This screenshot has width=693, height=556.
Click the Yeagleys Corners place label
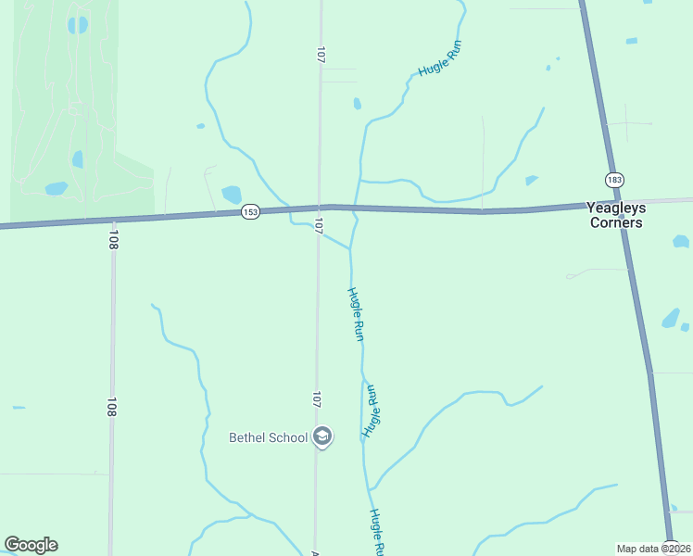(x=615, y=215)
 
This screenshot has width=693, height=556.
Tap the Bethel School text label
(x=268, y=437)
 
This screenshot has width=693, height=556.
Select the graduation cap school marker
(x=322, y=436)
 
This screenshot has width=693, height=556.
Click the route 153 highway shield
(x=250, y=212)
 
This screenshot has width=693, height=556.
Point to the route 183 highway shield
(x=614, y=179)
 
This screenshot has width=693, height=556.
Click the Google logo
(x=31, y=545)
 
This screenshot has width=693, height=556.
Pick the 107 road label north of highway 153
(x=321, y=55)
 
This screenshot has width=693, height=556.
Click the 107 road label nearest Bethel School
(x=317, y=399)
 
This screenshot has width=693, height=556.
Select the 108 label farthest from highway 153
(x=111, y=406)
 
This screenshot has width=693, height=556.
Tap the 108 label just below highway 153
(x=113, y=239)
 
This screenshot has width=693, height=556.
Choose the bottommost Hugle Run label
(x=376, y=532)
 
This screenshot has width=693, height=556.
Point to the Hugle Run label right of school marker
(x=372, y=411)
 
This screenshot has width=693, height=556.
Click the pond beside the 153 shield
(x=231, y=195)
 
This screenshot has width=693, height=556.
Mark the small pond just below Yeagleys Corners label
(x=680, y=242)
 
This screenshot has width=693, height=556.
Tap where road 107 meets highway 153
(x=321, y=208)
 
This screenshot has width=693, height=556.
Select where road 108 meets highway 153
(x=112, y=221)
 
